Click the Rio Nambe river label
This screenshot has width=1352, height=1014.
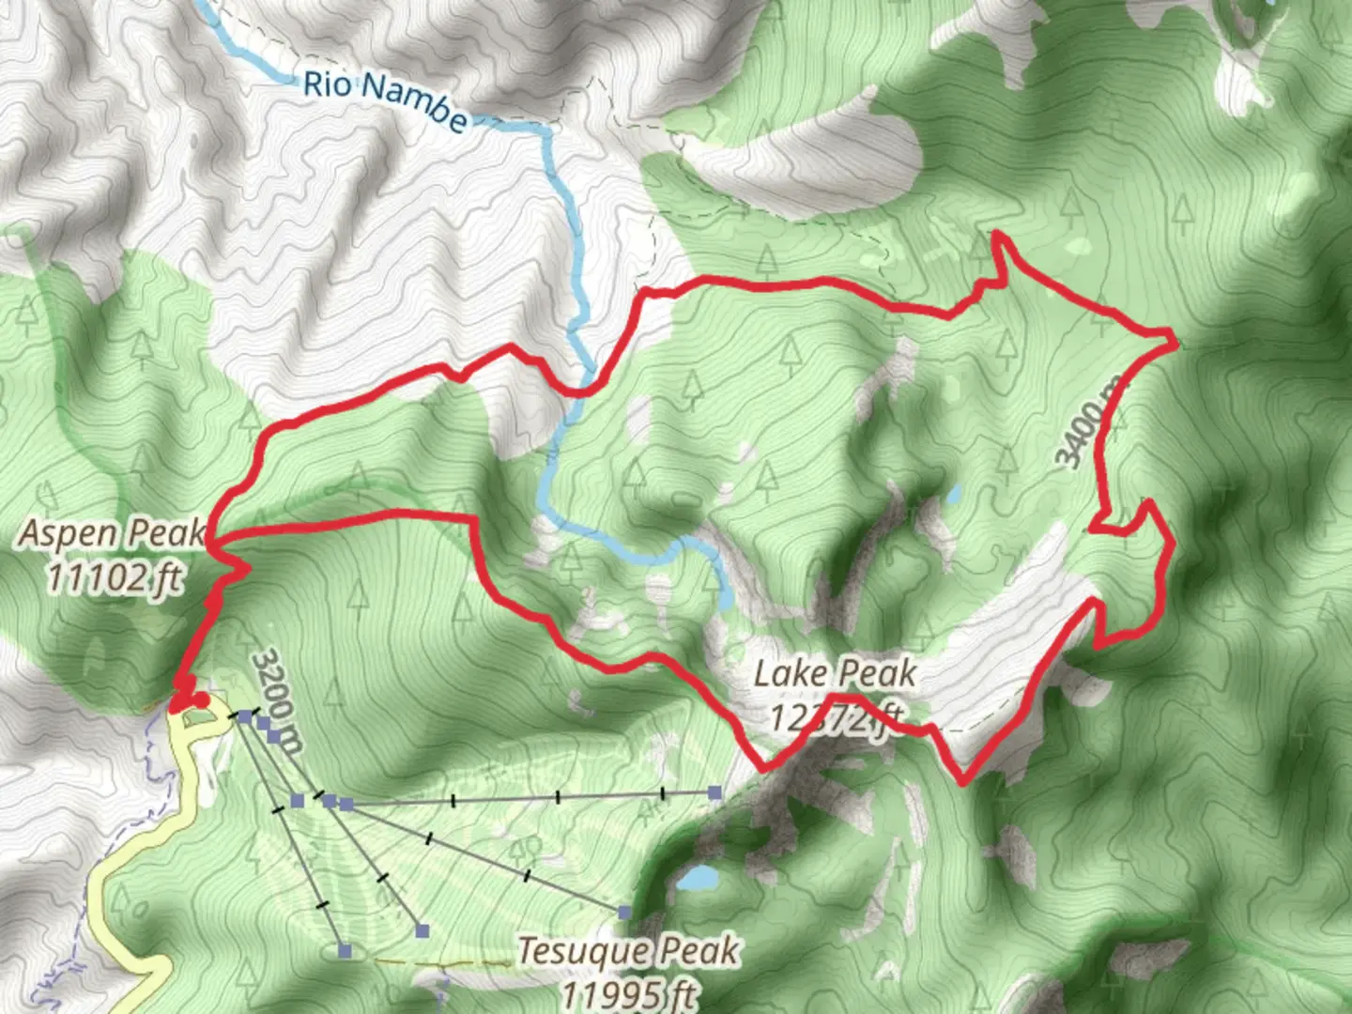384,100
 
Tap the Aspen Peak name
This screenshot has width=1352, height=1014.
112,533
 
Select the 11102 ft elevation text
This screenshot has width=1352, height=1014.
114,576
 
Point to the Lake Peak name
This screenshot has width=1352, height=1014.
835,673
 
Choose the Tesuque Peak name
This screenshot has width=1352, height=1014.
628,950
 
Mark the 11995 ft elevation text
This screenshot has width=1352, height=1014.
630,992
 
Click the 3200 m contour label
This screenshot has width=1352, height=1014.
278,701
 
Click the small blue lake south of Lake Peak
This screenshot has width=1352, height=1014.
699,879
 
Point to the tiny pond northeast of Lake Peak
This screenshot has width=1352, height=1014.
953,493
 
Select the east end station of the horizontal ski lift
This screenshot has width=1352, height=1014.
715,793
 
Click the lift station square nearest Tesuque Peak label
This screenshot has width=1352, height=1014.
624,912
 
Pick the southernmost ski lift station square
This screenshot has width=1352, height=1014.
345,951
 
